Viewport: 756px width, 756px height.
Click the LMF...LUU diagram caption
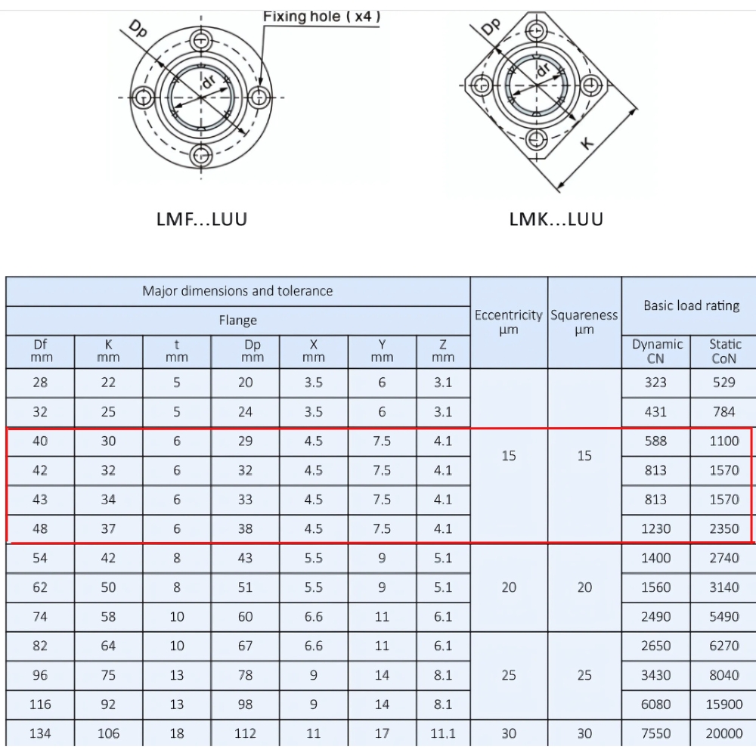point(201,219)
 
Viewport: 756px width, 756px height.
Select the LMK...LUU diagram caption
point(556,219)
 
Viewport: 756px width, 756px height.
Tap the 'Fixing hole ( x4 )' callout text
point(321,16)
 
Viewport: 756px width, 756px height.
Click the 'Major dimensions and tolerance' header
point(237,291)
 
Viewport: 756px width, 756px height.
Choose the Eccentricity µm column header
point(509,322)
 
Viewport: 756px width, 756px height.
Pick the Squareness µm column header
point(584,322)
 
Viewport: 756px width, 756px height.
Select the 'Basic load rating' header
point(691,306)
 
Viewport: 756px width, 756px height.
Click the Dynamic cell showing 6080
point(655,704)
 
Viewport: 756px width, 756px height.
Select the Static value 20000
point(724,733)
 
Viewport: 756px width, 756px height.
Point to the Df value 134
point(40,733)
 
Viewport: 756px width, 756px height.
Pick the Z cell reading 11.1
point(443,733)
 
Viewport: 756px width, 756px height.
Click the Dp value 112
point(246,733)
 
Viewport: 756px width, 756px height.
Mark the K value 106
point(108,733)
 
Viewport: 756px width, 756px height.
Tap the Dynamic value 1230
point(655,528)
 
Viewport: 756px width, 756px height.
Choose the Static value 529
point(724,383)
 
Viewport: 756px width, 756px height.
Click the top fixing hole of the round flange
point(201,40)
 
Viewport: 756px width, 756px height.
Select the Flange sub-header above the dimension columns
point(237,321)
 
